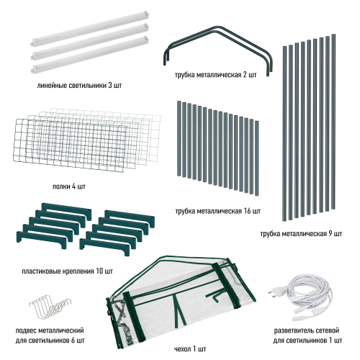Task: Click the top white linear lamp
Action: [x=90, y=29]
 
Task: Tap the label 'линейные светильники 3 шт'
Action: [x=79, y=86]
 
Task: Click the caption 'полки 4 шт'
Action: [x=69, y=186]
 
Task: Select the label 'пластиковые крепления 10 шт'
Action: [x=67, y=271]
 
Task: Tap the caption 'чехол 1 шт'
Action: [x=190, y=348]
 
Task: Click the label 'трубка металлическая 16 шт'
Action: [x=218, y=211]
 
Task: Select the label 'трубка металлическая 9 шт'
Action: [x=301, y=233]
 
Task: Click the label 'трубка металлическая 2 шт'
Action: [x=216, y=75]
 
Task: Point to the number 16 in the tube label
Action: [x=248, y=211]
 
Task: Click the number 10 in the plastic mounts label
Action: [x=99, y=271]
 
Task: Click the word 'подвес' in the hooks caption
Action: [x=26, y=330]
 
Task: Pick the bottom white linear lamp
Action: [x=90, y=54]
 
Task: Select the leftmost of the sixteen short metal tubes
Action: [x=179, y=139]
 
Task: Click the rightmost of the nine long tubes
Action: [x=333, y=122]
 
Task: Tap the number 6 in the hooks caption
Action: [x=73, y=341]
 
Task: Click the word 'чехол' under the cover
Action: [x=182, y=348]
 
